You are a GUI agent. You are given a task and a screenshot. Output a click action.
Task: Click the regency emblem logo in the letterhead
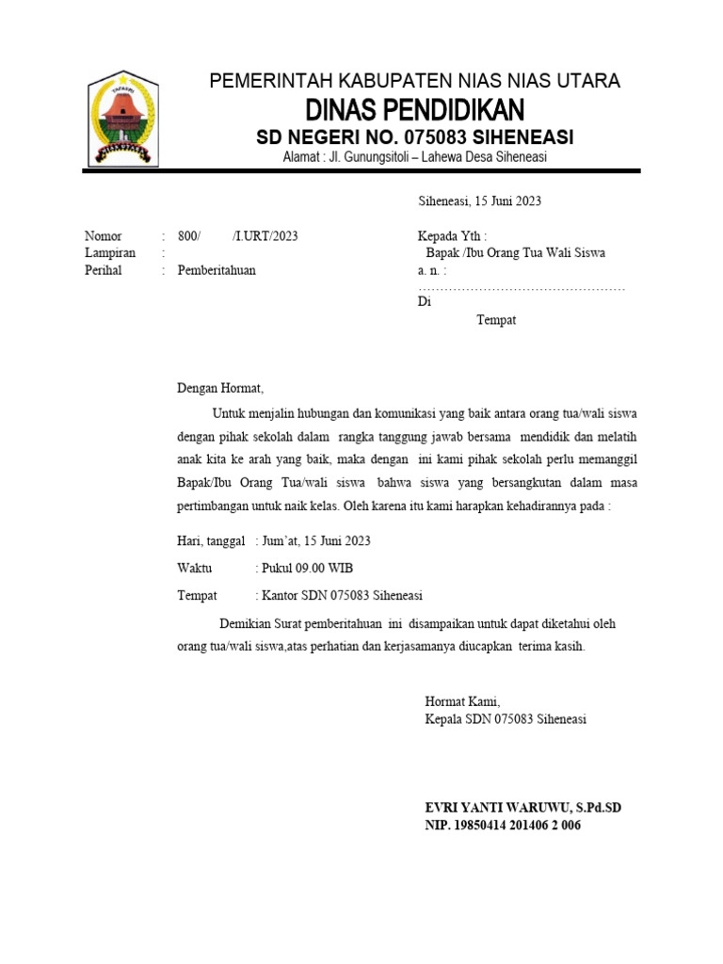pos(122,120)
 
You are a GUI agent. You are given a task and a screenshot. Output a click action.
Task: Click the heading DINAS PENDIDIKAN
pos(415,109)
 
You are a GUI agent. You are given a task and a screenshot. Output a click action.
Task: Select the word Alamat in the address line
pos(302,157)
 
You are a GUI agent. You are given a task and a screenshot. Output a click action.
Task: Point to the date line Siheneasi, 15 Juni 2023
pos(479,201)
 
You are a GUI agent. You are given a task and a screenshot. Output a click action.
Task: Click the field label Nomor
pos(104,236)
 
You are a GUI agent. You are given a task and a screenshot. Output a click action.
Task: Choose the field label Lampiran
pos(110,253)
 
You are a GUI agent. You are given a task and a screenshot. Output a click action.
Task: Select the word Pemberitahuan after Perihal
pos(217,270)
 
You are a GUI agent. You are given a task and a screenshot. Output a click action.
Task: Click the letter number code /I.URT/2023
pos(265,236)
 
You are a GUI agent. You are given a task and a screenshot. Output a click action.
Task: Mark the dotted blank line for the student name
pos(522,288)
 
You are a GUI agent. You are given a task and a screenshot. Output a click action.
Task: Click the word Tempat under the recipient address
pos(496,320)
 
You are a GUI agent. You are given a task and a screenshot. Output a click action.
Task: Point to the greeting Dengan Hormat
pos(221,388)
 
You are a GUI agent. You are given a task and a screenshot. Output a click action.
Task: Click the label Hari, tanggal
pos(211,541)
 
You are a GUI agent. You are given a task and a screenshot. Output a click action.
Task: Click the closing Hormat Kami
pos(463,701)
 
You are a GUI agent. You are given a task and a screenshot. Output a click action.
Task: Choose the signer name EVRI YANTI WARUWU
pos(492,809)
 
